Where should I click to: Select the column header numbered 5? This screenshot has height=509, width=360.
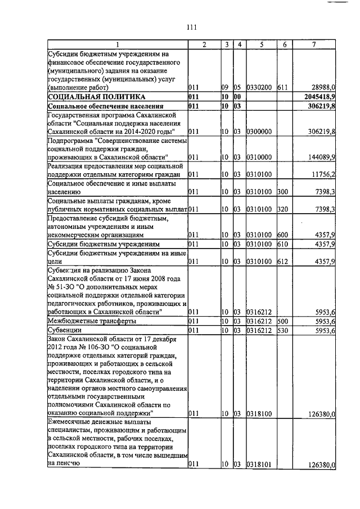261,44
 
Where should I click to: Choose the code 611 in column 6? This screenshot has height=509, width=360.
282,88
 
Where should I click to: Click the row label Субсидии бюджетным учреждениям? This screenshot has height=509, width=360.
105,244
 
